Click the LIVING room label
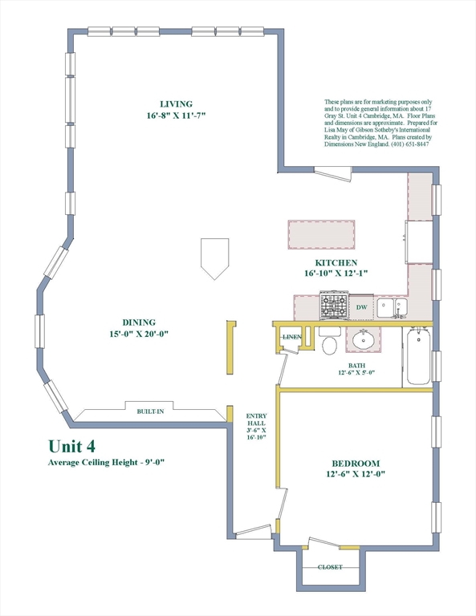[x=176, y=104]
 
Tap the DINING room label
[x=139, y=322]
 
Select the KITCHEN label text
[x=336, y=263]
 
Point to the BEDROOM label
[x=356, y=464]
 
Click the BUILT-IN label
[x=150, y=411]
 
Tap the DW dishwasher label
[x=362, y=307]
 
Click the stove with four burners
[x=334, y=306]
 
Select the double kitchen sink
[x=393, y=308]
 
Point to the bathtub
[x=418, y=356]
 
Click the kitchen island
[x=321, y=234]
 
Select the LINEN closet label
[x=292, y=337]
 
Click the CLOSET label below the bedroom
[x=330, y=567]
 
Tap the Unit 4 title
[x=72, y=446]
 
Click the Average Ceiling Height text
[x=106, y=462]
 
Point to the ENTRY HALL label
[x=256, y=419]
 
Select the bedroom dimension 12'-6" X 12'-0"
[x=356, y=474]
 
